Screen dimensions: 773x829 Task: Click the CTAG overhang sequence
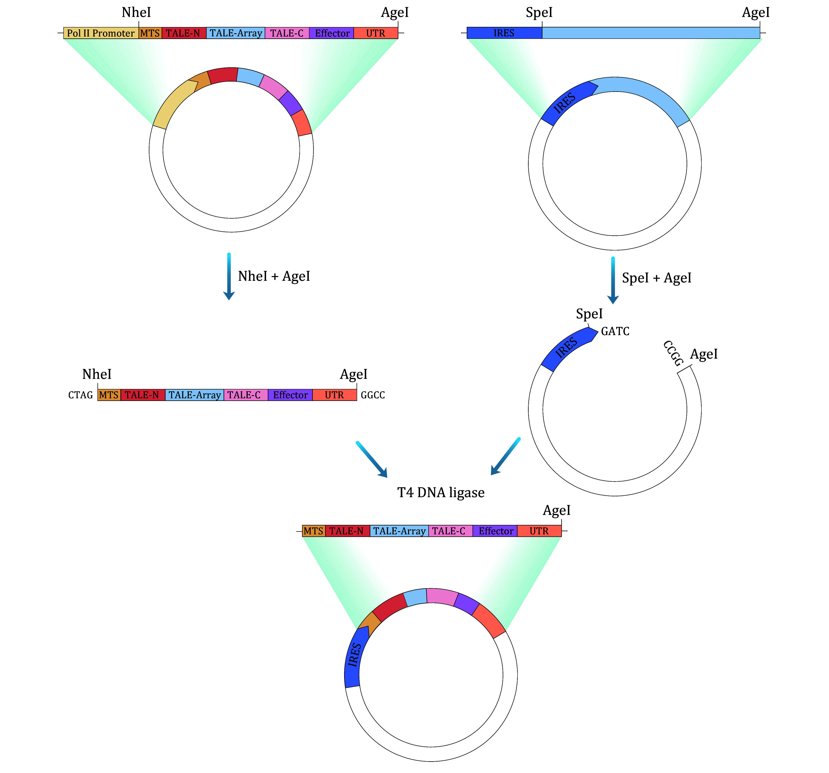81,395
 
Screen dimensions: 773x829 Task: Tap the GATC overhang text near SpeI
615,331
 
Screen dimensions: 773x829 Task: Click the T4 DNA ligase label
441,493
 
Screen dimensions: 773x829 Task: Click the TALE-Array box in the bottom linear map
399,531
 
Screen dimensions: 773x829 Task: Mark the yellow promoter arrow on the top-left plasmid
173,104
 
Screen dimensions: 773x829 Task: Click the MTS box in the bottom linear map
314,531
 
